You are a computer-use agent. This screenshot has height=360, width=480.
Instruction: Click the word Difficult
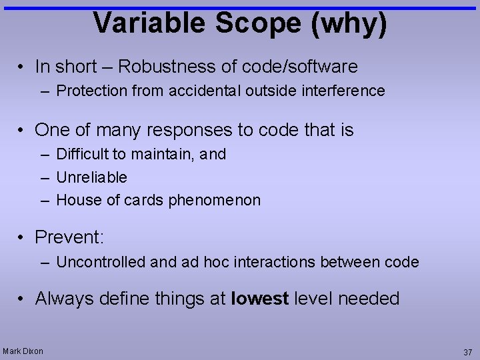click(83, 154)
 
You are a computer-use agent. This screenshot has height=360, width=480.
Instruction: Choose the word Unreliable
click(92, 177)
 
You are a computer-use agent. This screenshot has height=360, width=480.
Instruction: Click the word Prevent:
click(69, 237)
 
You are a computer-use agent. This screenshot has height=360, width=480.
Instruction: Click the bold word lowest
click(259, 298)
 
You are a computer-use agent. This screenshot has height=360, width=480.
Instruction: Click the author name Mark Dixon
click(23, 351)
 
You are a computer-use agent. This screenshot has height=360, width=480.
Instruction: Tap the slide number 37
click(467, 352)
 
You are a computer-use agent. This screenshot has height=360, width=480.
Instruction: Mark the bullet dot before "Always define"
click(22, 299)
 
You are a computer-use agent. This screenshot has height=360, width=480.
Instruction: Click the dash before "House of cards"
click(44, 200)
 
